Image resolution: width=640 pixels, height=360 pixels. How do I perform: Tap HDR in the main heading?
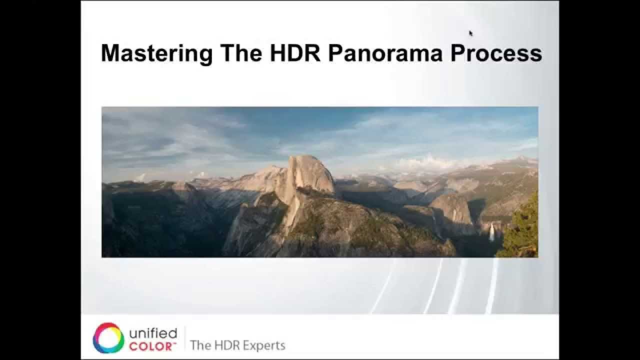295,53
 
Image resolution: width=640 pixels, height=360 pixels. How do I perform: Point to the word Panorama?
385,53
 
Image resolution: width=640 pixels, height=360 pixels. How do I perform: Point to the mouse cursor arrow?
470,33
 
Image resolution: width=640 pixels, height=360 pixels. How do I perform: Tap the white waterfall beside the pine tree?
492,231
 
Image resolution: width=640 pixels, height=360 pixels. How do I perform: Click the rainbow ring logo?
108,338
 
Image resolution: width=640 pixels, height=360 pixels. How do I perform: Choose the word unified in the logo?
152,333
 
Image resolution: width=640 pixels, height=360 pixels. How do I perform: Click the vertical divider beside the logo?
184,338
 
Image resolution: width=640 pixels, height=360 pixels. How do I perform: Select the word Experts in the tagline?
263,345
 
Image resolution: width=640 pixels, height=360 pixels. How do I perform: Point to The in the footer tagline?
200,345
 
